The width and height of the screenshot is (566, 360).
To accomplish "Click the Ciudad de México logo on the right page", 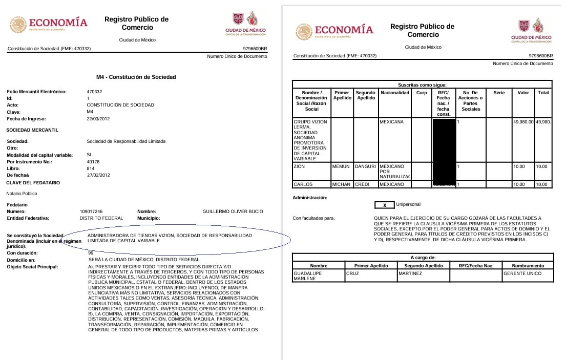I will [531, 31].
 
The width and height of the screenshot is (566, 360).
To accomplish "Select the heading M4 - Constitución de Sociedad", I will [136, 77].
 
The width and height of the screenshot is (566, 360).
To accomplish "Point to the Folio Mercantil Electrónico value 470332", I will [95, 92].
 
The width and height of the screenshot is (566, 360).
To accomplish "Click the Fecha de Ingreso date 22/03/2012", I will [98, 119].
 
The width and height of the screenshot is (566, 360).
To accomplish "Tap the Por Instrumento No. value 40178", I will [93, 161].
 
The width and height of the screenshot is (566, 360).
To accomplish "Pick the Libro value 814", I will [91, 168].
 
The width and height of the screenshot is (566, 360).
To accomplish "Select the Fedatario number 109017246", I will [91, 211].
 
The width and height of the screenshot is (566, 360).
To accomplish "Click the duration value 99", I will [91, 253].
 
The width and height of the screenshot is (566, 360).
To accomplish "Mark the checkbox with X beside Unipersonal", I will [385, 205].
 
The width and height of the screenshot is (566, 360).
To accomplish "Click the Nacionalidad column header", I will [395, 93].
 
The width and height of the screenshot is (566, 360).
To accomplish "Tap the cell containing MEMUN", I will [341, 166].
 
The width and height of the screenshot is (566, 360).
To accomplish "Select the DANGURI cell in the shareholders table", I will [365, 166].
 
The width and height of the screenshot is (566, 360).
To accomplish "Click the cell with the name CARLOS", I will [303, 184].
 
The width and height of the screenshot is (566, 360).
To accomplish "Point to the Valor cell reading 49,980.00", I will [523, 122].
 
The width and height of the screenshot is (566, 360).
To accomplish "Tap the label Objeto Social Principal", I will [32, 267].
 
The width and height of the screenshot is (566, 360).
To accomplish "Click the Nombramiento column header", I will [527, 266].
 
